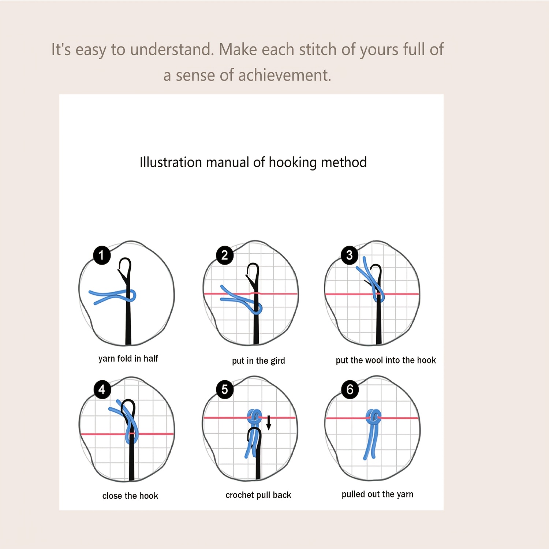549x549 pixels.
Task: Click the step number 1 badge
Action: point(102,255)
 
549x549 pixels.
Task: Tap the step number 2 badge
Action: point(225,255)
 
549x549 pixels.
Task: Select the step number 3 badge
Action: point(350,255)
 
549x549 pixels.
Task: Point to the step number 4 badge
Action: point(102,389)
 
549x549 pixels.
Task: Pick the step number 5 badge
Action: point(225,389)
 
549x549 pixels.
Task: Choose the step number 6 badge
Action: point(350,389)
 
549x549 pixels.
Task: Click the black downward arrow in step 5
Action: point(269,423)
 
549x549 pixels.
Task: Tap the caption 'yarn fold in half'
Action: point(128,359)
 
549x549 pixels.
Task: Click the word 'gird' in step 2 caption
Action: point(278,361)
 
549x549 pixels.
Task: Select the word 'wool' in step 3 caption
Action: point(374,360)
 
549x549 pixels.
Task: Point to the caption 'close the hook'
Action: point(130,496)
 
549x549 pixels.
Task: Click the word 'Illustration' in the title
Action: point(171,162)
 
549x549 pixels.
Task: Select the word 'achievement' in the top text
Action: point(284,75)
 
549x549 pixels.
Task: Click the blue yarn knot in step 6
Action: point(373,417)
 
